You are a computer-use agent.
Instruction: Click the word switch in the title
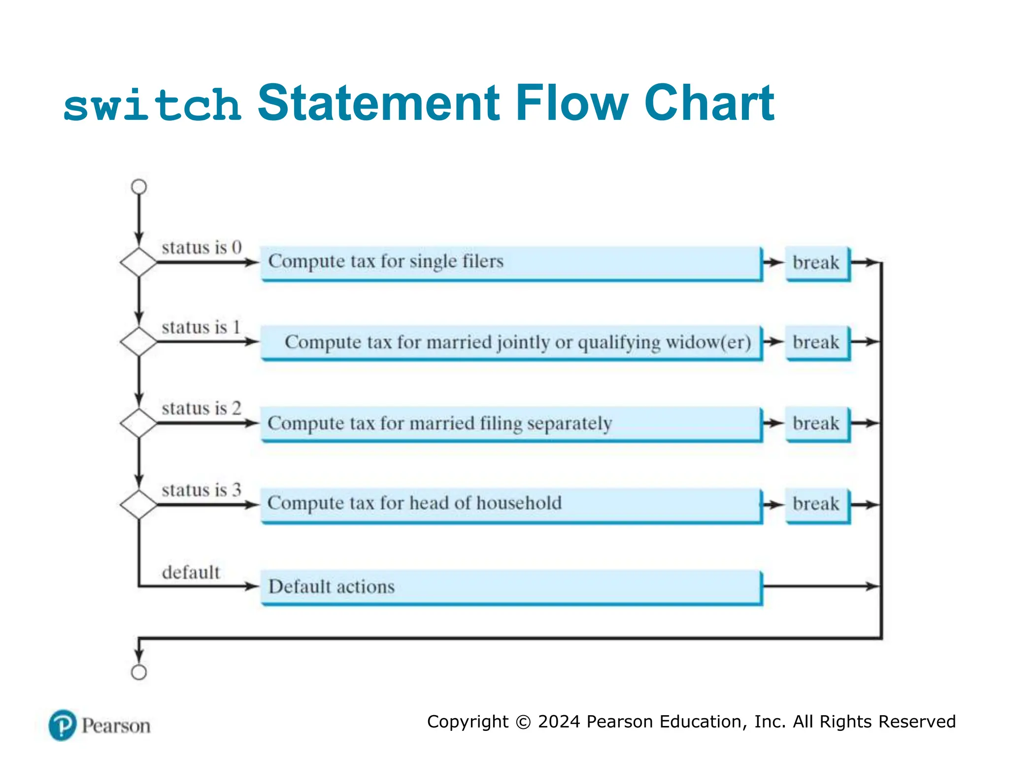[152, 105]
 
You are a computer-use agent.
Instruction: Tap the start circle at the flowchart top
[139, 187]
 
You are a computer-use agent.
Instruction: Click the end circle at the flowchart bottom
[139, 672]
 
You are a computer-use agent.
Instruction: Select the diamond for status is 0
[139, 262]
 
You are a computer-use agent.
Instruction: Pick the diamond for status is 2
[139, 423]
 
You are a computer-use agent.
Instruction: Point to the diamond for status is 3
[139, 505]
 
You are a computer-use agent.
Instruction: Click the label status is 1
[201, 327]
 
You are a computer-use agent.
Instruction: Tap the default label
[191, 573]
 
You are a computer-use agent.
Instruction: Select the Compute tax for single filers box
[511, 263]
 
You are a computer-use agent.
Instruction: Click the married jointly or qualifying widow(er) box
[511, 343]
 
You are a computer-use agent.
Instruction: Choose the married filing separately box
[511, 423]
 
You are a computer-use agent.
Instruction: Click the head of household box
[511, 505]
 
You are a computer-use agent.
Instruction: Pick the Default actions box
[511, 586]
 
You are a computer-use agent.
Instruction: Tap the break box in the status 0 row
[817, 263]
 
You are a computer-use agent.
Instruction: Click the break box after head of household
[817, 505]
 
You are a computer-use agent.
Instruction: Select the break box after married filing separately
[817, 423]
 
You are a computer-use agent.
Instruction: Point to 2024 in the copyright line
[559, 722]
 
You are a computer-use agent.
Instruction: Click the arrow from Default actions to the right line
[820, 586]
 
